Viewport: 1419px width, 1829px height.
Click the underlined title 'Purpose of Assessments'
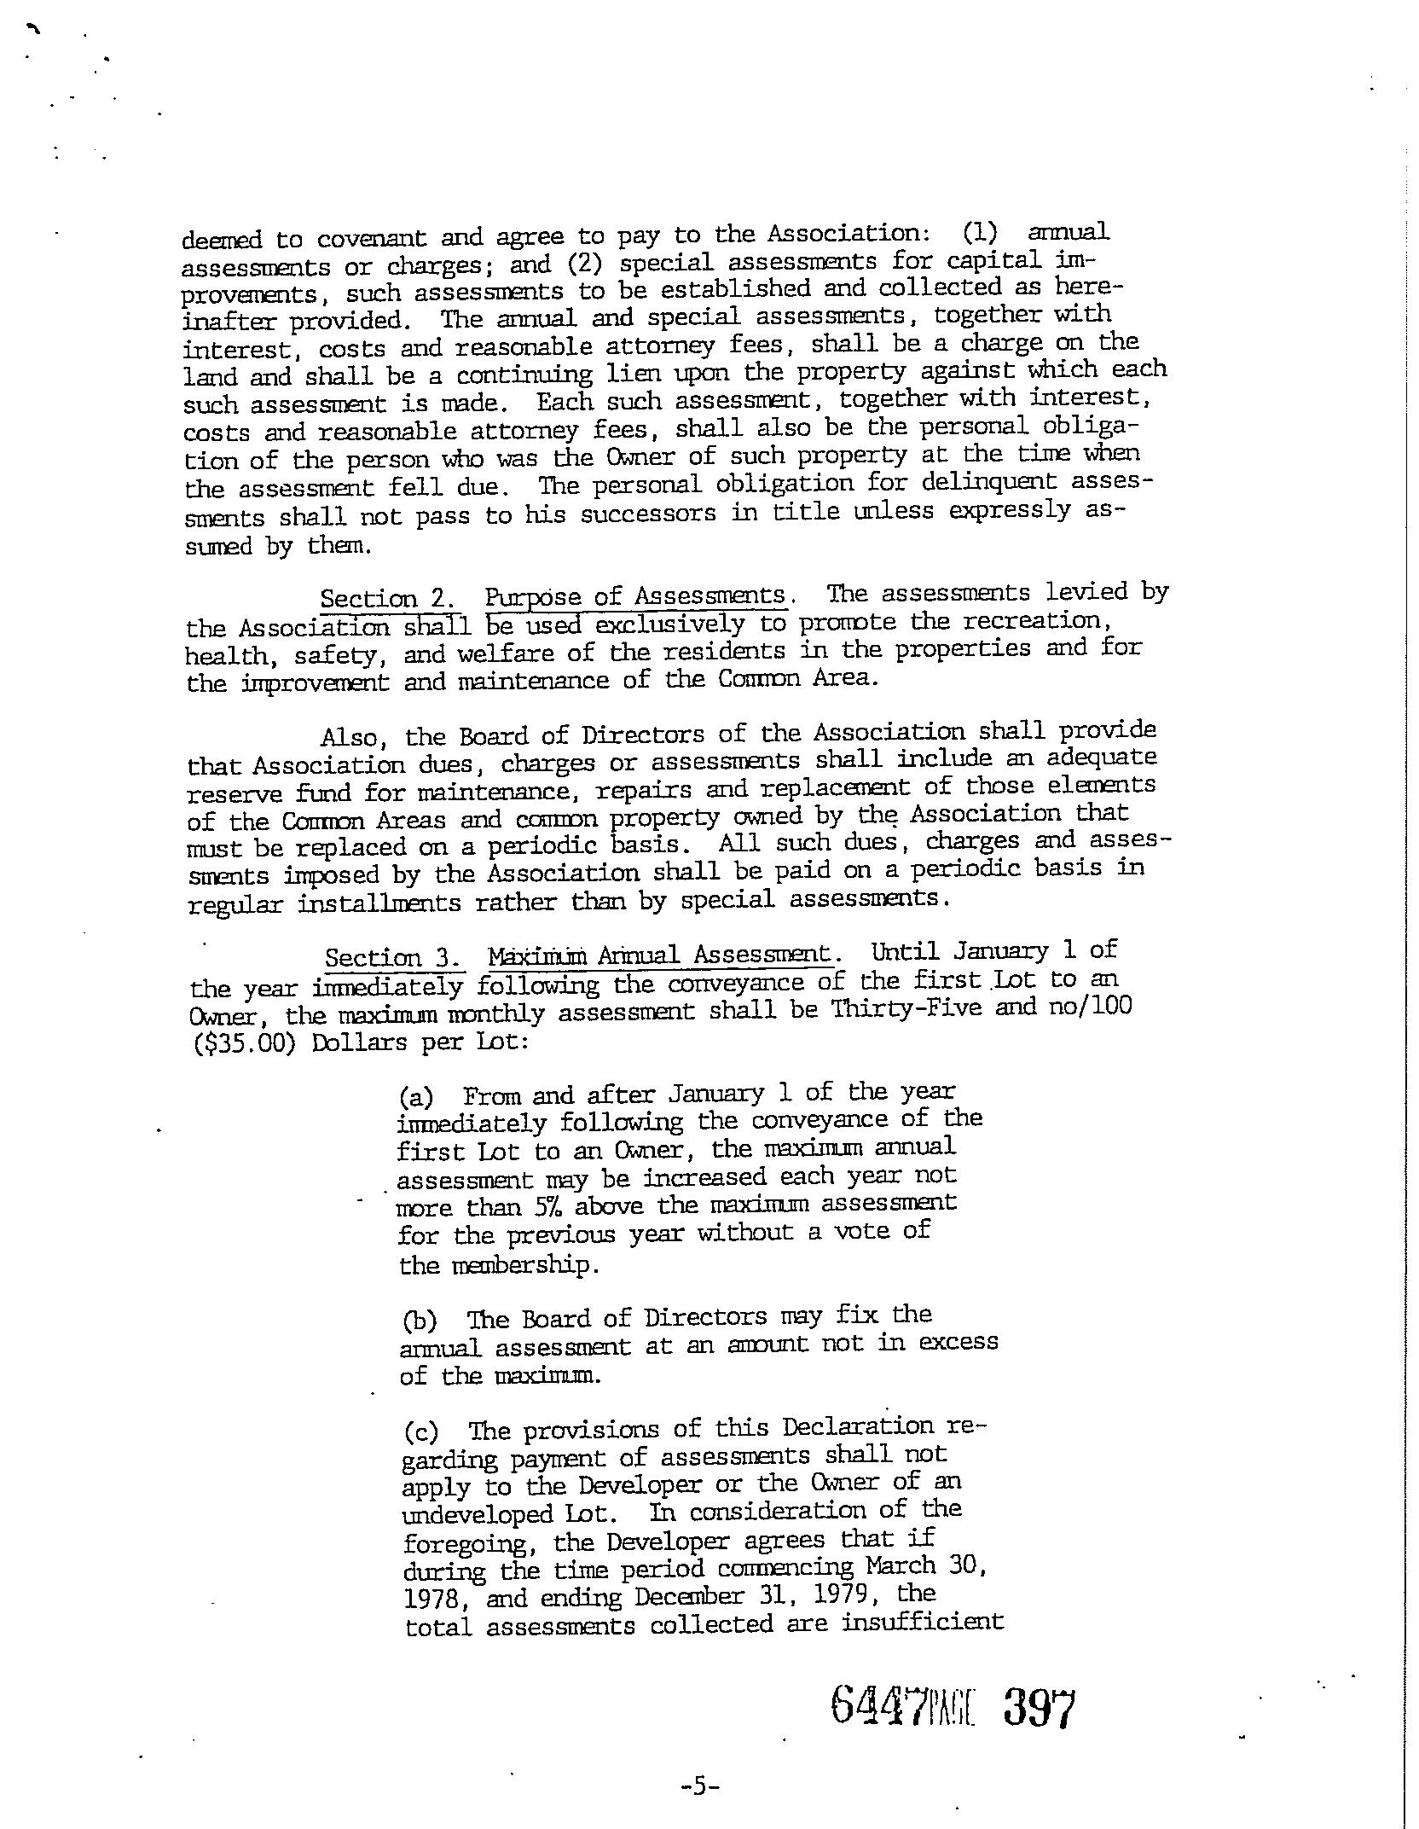pyautogui.click(x=635, y=596)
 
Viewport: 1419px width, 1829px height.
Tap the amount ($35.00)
pyautogui.click(x=246, y=1042)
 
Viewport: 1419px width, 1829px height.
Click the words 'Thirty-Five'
pyautogui.click(x=903, y=1008)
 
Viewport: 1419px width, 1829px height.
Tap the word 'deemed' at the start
pyautogui.click(x=223, y=241)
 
